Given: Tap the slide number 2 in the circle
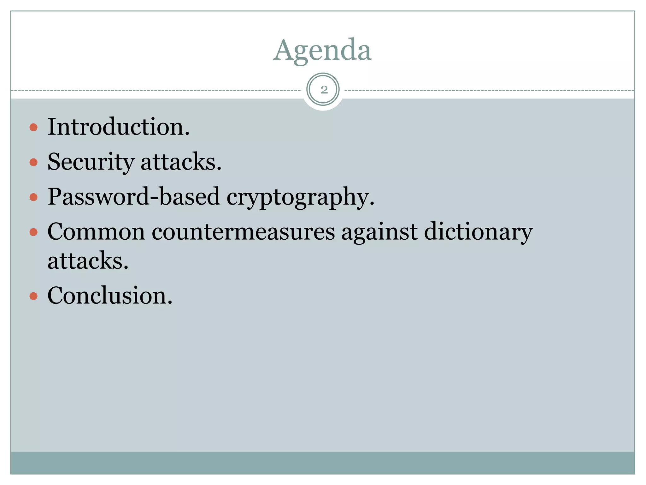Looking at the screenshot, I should [x=324, y=90].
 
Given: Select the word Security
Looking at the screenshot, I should [x=91, y=162].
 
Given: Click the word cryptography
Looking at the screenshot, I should [x=300, y=197].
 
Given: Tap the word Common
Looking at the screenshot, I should [x=96, y=232].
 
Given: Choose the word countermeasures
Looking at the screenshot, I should [x=243, y=232].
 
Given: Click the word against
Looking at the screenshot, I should [x=379, y=232].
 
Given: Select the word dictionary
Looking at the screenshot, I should [x=478, y=232].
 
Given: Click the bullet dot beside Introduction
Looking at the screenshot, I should [x=33, y=127].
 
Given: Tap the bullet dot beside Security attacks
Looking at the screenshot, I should [x=33, y=162].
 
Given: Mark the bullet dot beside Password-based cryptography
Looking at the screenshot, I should [x=33, y=197].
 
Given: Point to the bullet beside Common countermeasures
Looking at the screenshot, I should [x=33, y=232].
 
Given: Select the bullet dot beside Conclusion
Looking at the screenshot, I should [x=33, y=296].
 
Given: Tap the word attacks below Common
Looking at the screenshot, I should [x=88, y=261].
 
